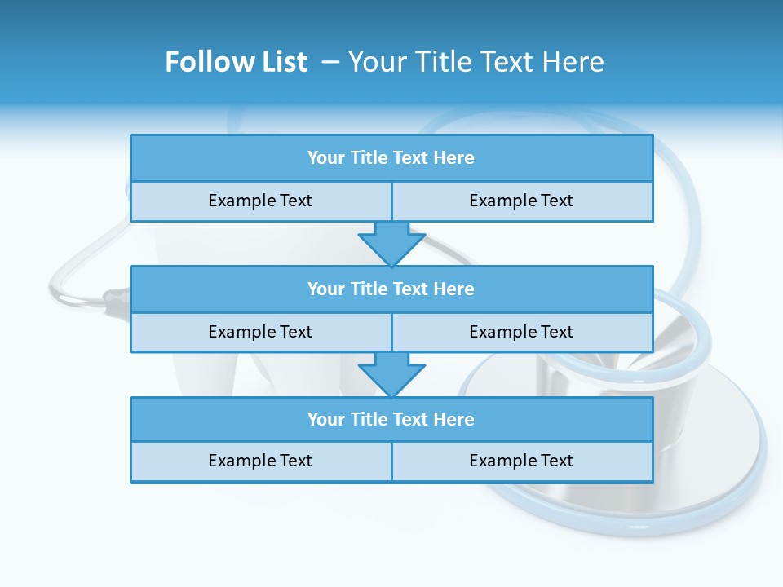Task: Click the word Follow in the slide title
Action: point(205,62)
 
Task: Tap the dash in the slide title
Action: point(330,62)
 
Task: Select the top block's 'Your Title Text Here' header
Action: point(391,158)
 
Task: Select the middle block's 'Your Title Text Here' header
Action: point(391,289)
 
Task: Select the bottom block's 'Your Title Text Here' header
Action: point(391,419)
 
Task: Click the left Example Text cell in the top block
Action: point(260,201)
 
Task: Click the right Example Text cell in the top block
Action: point(521,201)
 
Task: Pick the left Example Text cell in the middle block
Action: point(260,332)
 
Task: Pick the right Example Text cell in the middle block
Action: point(521,332)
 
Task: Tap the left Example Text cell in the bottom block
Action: point(260,461)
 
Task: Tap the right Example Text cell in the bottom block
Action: point(521,461)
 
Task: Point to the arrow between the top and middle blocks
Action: point(391,243)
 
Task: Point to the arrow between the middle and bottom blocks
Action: point(391,374)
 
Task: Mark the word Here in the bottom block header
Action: point(453,419)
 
